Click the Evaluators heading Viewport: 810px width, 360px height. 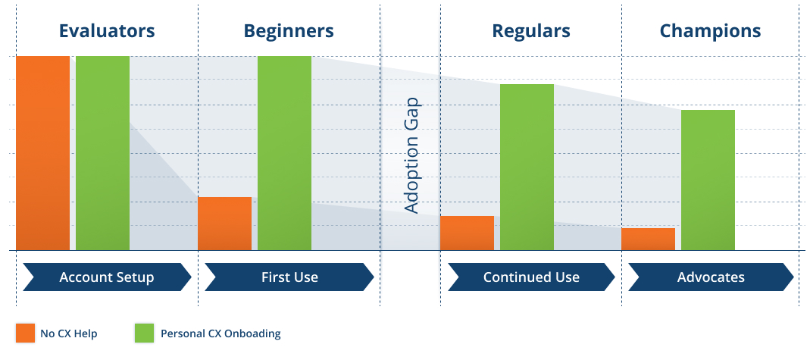click(107, 30)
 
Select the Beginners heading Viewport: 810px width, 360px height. click(289, 31)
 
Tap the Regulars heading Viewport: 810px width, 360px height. click(531, 31)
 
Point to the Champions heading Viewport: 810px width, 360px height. click(710, 31)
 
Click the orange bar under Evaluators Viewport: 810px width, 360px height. click(43, 153)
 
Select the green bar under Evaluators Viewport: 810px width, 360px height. click(103, 153)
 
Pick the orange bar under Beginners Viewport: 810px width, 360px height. click(225, 224)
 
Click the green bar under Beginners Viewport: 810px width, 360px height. click(285, 153)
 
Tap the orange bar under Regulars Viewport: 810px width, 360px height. click(467, 233)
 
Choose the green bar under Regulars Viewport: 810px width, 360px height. click(527, 167)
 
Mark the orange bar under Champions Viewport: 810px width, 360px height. click(649, 239)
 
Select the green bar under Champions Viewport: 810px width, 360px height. click(708, 180)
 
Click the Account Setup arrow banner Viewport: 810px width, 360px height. click(107, 277)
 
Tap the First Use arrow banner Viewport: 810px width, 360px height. click(289, 277)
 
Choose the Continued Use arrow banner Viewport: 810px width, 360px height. click(532, 277)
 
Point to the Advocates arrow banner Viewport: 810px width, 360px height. click(711, 277)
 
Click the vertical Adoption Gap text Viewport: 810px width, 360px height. click(411, 155)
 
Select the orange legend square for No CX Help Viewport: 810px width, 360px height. click(25, 333)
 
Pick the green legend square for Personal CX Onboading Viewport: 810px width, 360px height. click(144, 333)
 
